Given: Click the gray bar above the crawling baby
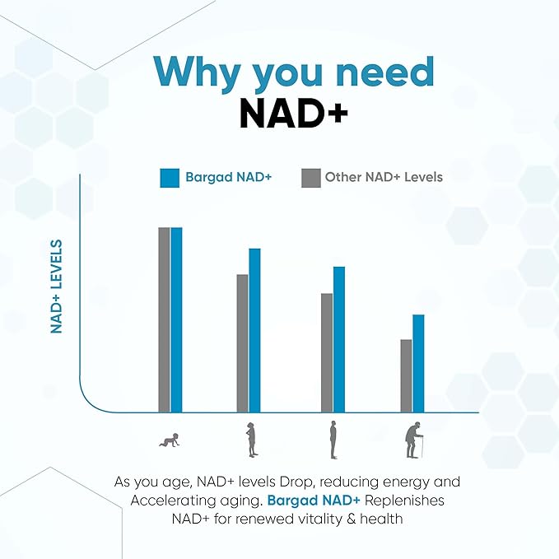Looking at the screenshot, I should tap(164, 319).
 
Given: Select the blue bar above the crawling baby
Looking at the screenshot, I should tap(176, 319).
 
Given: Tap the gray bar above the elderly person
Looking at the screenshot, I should tap(406, 375).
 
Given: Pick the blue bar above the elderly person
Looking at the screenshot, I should tap(418, 363).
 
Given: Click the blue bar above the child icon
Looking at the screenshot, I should tap(254, 329).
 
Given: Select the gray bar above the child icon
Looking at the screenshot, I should tap(242, 342).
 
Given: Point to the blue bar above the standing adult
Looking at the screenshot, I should tap(338, 339).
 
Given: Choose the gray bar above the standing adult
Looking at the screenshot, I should tap(327, 352).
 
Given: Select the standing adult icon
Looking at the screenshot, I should tap(333, 440).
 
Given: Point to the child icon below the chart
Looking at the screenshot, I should tap(251, 440).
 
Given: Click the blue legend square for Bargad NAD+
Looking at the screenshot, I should tap(170, 178).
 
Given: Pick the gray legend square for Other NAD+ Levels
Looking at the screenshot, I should tap(310, 178).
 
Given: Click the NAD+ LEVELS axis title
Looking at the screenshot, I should tap(57, 286).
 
